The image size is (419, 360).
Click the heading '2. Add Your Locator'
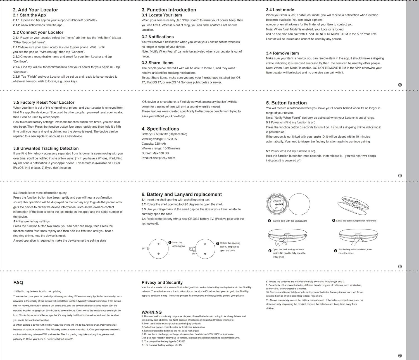[35, 10]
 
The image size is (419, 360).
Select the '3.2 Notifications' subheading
[158, 37]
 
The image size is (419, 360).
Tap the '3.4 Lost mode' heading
[280, 10]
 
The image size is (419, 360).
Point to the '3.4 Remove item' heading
[282, 53]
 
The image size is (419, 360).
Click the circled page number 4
[400, 85]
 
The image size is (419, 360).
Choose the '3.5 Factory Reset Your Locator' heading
[44, 102]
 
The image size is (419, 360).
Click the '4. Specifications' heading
[160, 129]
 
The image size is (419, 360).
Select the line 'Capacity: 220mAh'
[154, 144]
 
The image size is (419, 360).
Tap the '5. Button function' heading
[286, 103]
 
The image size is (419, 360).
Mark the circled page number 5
[400, 176]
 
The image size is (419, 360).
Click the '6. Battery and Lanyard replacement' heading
[182, 194]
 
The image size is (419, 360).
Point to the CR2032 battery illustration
[277, 204]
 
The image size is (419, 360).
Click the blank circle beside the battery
[299, 204]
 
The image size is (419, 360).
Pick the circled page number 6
[400, 266]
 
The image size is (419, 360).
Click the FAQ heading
[18, 283]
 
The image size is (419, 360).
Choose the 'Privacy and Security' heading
[162, 283]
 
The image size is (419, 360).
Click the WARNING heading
[151, 312]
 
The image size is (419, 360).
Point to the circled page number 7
[400, 356]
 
